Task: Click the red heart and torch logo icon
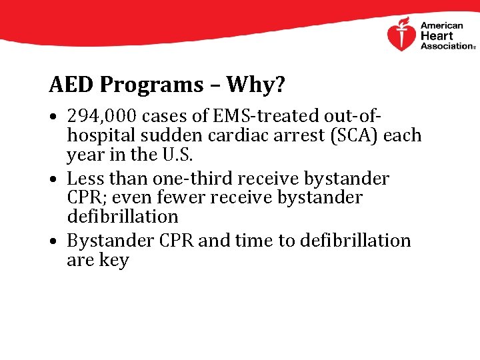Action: (401, 34)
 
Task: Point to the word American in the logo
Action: (441, 26)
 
